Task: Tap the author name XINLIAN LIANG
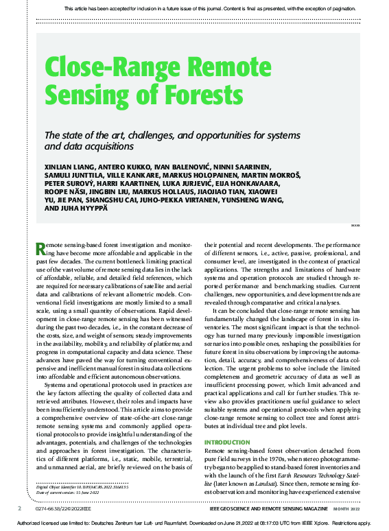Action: [x=71, y=167]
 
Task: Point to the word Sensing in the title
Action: [x=89, y=94]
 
